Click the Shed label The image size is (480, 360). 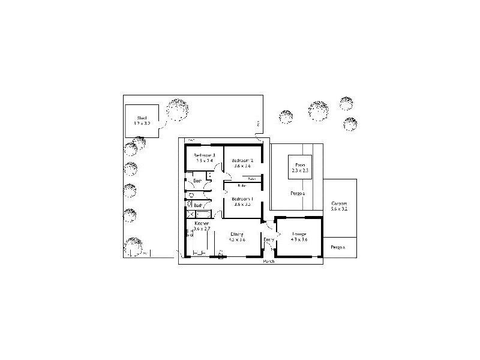tap(142, 118)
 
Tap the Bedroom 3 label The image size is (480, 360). tap(204, 155)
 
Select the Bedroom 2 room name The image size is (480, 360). tap(243, 160)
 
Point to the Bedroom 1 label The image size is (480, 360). tap(242, 199)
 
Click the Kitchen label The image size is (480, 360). tap(201, 223)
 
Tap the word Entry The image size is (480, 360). tap(269, 240)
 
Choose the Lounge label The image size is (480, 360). tap(299, 234)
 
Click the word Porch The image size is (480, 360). tap(269, 262)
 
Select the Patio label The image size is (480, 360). tap(299, 164)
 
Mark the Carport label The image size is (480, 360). tap(339, 204)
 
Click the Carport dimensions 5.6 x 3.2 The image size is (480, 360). tap(339, 209)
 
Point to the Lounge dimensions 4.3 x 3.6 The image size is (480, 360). tap(299, 239)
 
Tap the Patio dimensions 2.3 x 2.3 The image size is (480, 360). tap(299, 170)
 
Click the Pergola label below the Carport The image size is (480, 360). tap(339, 247)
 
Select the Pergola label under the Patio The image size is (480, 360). tap(298, 194)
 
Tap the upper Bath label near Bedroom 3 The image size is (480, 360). tap(197, 181)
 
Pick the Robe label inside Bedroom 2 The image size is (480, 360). tap(252, 178)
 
